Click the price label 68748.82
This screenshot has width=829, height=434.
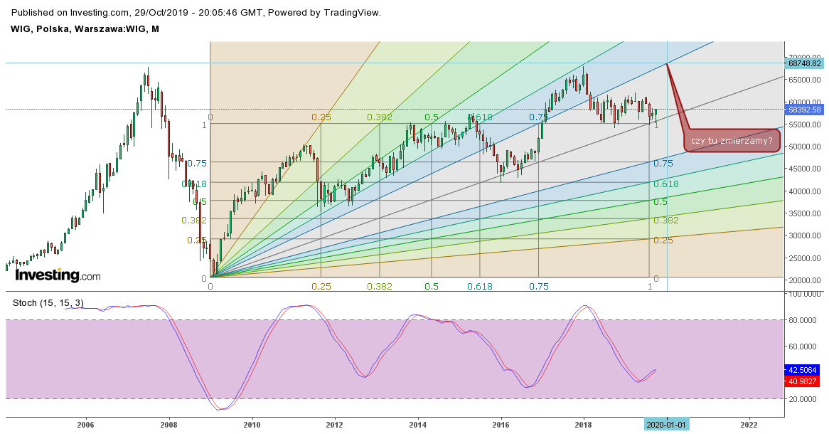[x=805, y=63]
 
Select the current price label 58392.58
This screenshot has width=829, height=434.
[x=805, y=110]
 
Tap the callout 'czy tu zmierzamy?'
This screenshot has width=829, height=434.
[x=732, y=141]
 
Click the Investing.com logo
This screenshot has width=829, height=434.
[x=58, y=275]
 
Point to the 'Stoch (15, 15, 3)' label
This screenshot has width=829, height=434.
[x=48, y=303]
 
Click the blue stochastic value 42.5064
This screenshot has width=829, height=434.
[x=804, y=370]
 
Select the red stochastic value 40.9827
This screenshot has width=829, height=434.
[x=804, y=381]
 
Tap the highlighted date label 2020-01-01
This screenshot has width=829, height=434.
[x=667, y=425]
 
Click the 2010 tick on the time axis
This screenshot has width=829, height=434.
[x=252, y=425]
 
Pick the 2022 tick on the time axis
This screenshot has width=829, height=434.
[x=749, y=425]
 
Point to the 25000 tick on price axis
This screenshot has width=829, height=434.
[x=803, y=258]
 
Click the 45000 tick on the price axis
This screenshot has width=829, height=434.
[x=803, y=169]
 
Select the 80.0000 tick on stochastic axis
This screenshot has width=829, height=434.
[x=803, y=320]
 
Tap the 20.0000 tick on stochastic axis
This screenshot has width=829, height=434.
[x=803, y=399]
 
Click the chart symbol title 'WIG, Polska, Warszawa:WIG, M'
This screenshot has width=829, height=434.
[x=85, y=28]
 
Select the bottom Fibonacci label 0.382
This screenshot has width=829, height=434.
[x=380, y=286]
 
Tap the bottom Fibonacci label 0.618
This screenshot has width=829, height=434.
[x=480, y=286]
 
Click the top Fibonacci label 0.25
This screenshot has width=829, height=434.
[x=321, y=117]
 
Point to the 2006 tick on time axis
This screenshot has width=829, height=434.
[x=86, y=425]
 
